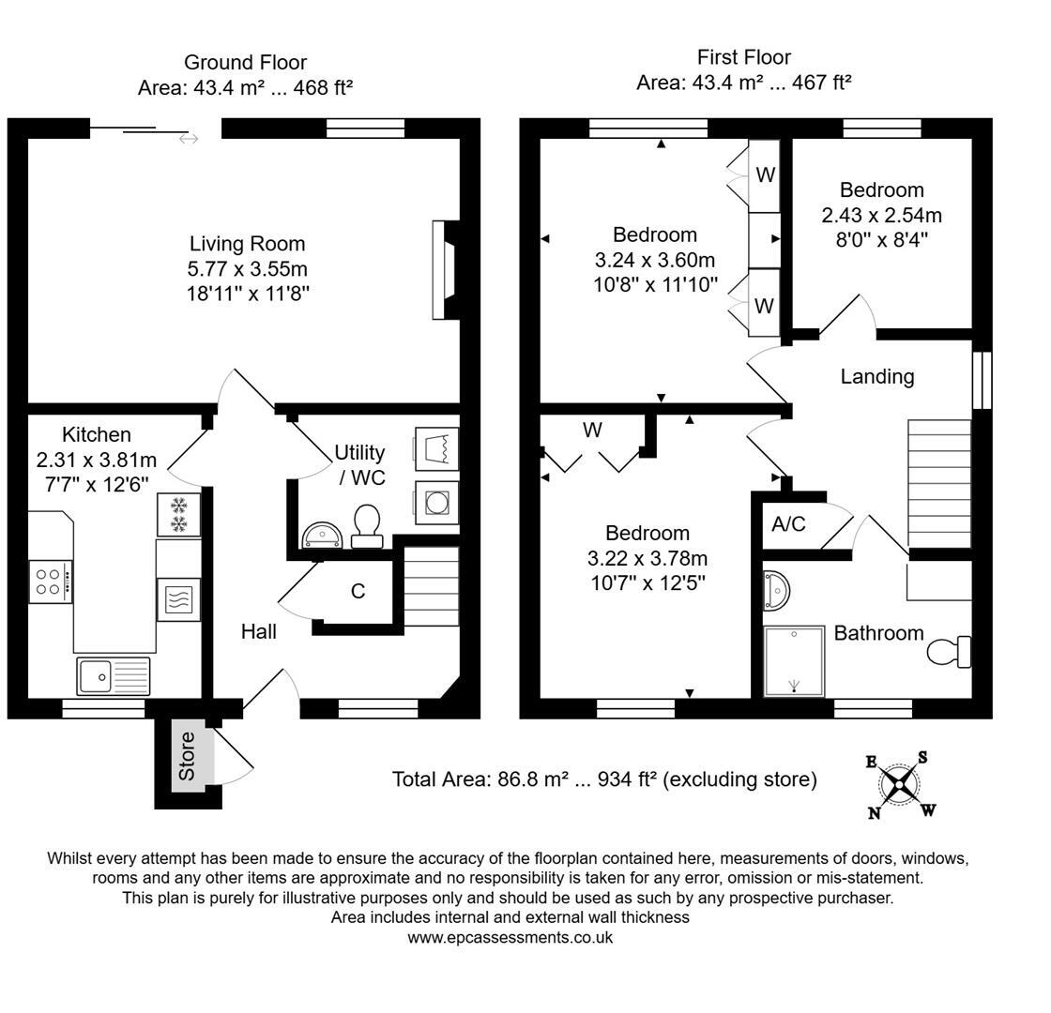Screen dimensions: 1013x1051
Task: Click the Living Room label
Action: pyautogui.click(x=247, y=244)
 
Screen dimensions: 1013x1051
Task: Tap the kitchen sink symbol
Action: pyautogui.click(x=113, y=675)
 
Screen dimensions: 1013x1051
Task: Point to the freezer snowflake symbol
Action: pyautogui.click(x=178, y=513)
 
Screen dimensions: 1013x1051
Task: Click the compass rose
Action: pyautogui.click(x=900, y=784)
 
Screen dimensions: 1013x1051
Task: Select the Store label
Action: pyautogui.click(x=187, y=756)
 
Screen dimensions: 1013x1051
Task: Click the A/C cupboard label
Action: pyautogui.click(x=788, y=524)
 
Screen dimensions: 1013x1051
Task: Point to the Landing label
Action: pyautogui.click(x=876, y=377)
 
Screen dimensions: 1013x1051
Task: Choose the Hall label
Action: pyautogui.click(x=258, y=632)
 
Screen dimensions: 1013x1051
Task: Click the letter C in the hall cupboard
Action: pyautogui.click(x=358, y=592)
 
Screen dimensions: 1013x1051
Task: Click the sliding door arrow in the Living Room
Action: pyautogui.click(x=189, y=139)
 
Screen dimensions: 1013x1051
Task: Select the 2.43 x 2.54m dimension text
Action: pyautogui.click(x=881, y=215)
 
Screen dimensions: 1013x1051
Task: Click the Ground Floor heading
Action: pyautogui.click(x=245, y=63)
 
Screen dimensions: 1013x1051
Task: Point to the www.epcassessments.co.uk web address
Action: pyautogui.click(x=510, y=937)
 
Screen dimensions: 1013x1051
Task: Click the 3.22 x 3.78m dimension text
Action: pyautogui.click(x=647, y=559)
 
